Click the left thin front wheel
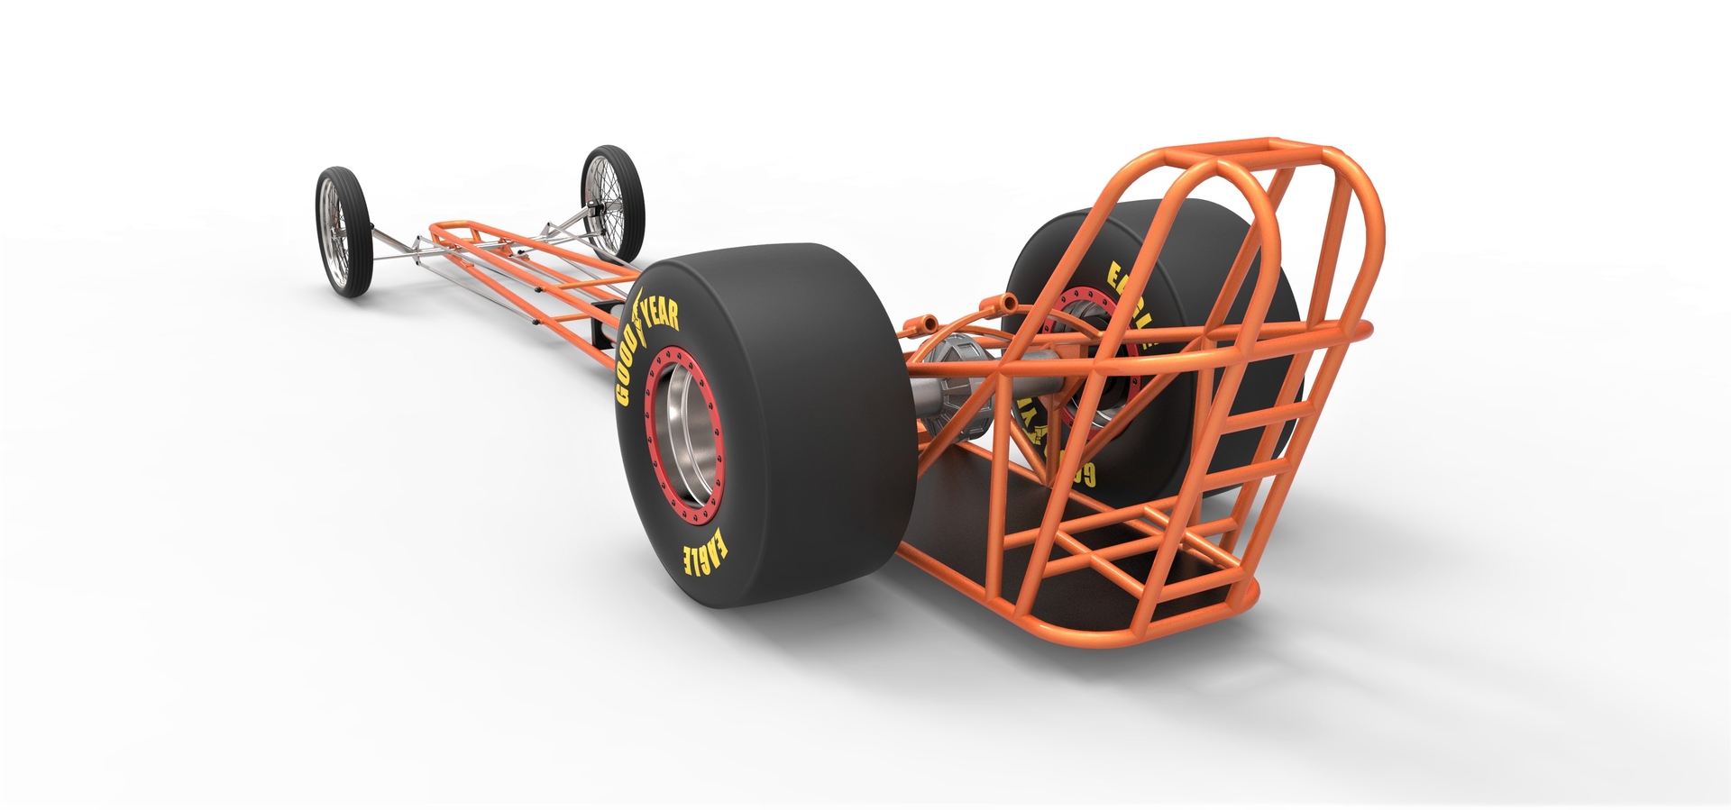[343, 232]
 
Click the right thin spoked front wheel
[613, 203]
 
